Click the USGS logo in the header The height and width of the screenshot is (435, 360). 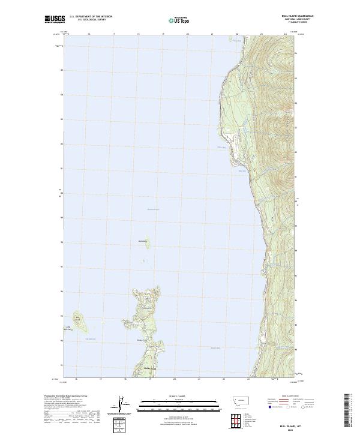pos(54,19)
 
